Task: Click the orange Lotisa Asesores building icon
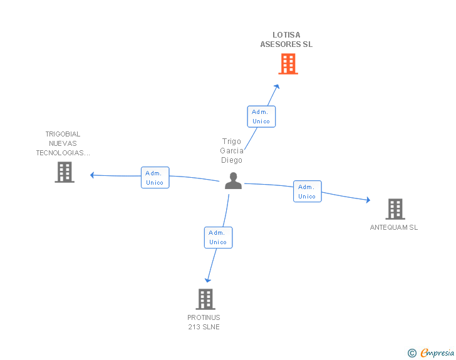pyautogui.click(x=288, y=64)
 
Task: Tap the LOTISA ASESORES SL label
pyautogui.click(x=286, y=39)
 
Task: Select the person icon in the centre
pyautogui.click(x=233, y=181)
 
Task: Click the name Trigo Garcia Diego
pyautogui.click(x=231, y=150)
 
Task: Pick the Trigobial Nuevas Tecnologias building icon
pyautogui.click(x=65, y=172)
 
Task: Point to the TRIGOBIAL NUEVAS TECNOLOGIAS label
pyautogui.click(x=63, y=143)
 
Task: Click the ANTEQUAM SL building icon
pyautogui.click(x=395, y=209)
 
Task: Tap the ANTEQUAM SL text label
pyautogui.click(x=393, y=227)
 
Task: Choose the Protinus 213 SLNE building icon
pyautogui.click(x=205, y=299)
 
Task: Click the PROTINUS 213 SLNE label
pyautogui.click(x=204, y=322)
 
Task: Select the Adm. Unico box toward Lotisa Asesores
pyautogui.click(x=261, y=116)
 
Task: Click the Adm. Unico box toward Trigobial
pyautogui.click(x=154, y=178)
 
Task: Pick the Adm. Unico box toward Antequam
pyautogui.click(x=307, y=192)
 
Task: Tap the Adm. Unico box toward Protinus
pyautogui.click(x=218, y=237)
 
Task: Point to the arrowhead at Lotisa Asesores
pyautogui.click(x=277, y=85)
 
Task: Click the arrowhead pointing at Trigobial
pyautogui.click(x=93, y=175)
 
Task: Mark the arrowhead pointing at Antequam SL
pyautogui.click(x=368, y=200)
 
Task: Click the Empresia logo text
pyautogui.click(x=437, y=352)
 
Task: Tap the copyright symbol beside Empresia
pyautogui.click(x=412, y=353)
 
